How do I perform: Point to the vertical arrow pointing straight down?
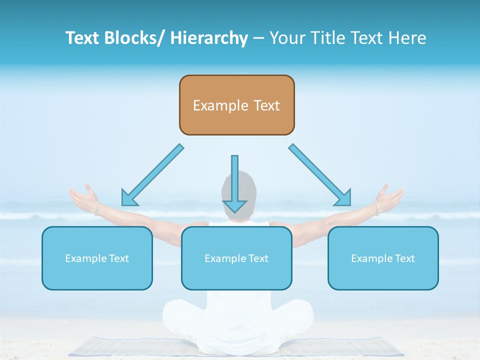coord(234,183)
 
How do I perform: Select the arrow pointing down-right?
coord(320,175)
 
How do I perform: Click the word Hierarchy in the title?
coord(209,38)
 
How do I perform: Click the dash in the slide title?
coord(258,38)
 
